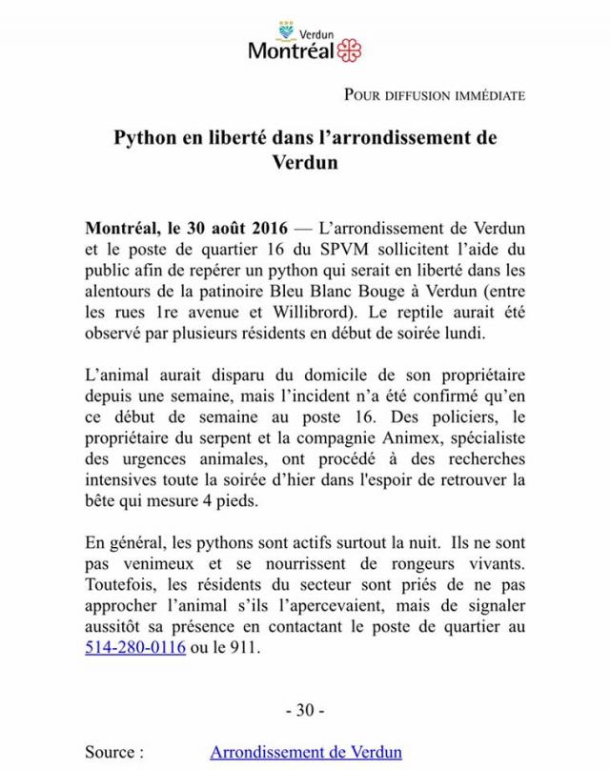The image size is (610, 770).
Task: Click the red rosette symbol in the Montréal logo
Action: pos(349,50)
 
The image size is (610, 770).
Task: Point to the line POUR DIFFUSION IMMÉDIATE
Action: pos(434,95)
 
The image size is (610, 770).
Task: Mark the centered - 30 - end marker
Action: pos(305,712)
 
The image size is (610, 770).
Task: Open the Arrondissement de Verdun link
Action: pos(306,753)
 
